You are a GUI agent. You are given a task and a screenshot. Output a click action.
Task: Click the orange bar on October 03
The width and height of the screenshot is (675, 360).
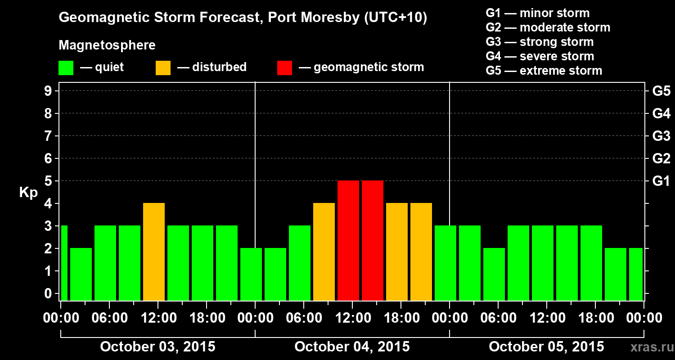154,252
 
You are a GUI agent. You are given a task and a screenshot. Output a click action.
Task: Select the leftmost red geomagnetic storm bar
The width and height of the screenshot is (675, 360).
348,240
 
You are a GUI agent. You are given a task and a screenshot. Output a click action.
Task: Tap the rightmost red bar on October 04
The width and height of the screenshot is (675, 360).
373,240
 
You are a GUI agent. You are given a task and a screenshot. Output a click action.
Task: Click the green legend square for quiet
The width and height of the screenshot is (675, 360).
66,68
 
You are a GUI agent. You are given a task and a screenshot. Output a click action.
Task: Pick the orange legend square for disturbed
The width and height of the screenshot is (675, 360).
163,68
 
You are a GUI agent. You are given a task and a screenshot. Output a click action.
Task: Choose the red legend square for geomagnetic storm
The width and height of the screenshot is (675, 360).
284,68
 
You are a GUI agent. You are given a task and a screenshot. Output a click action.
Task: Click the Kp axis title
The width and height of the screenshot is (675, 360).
28,193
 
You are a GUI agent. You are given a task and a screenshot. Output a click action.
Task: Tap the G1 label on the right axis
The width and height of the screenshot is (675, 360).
661,181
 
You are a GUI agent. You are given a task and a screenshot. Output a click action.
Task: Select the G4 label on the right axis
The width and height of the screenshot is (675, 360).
661,113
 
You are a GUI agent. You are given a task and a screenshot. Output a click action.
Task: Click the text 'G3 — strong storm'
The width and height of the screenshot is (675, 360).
540,42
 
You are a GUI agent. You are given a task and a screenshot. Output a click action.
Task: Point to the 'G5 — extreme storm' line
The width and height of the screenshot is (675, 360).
544,71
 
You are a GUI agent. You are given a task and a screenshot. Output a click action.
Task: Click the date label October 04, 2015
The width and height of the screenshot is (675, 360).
352,346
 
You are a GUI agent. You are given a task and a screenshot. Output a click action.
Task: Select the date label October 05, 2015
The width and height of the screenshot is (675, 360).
546,346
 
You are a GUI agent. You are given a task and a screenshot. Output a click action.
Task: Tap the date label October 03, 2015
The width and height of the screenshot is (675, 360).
157,346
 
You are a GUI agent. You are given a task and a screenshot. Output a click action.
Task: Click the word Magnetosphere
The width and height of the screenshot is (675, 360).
107,45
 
